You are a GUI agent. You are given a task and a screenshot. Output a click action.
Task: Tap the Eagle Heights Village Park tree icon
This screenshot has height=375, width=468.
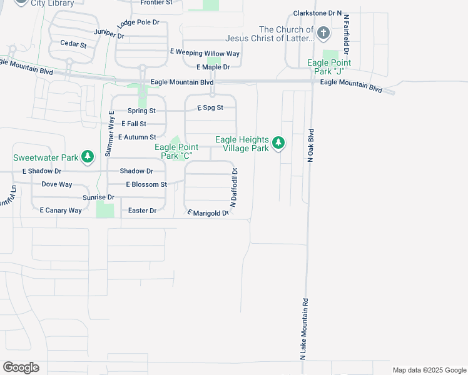[278, 144]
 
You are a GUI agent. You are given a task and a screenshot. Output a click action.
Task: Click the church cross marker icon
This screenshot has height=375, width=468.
[323, 32]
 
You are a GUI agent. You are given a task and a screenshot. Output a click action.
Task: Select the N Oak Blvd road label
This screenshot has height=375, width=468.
[310, 146]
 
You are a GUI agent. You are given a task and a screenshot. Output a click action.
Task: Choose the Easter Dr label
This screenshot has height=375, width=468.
[142, 211]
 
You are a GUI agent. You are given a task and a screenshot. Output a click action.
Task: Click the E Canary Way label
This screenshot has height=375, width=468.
[61, 211]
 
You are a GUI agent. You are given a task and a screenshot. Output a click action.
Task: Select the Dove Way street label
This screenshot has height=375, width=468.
[57, 184]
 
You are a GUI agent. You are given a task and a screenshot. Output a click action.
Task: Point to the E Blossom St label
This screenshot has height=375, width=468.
[146, 184]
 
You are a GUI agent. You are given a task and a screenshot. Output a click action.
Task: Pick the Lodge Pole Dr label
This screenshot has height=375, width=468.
[138, 22]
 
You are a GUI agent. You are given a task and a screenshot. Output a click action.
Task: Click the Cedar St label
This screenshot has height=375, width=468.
[73, 44]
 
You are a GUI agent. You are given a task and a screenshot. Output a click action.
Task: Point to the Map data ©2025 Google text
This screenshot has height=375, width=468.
[429, 370]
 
